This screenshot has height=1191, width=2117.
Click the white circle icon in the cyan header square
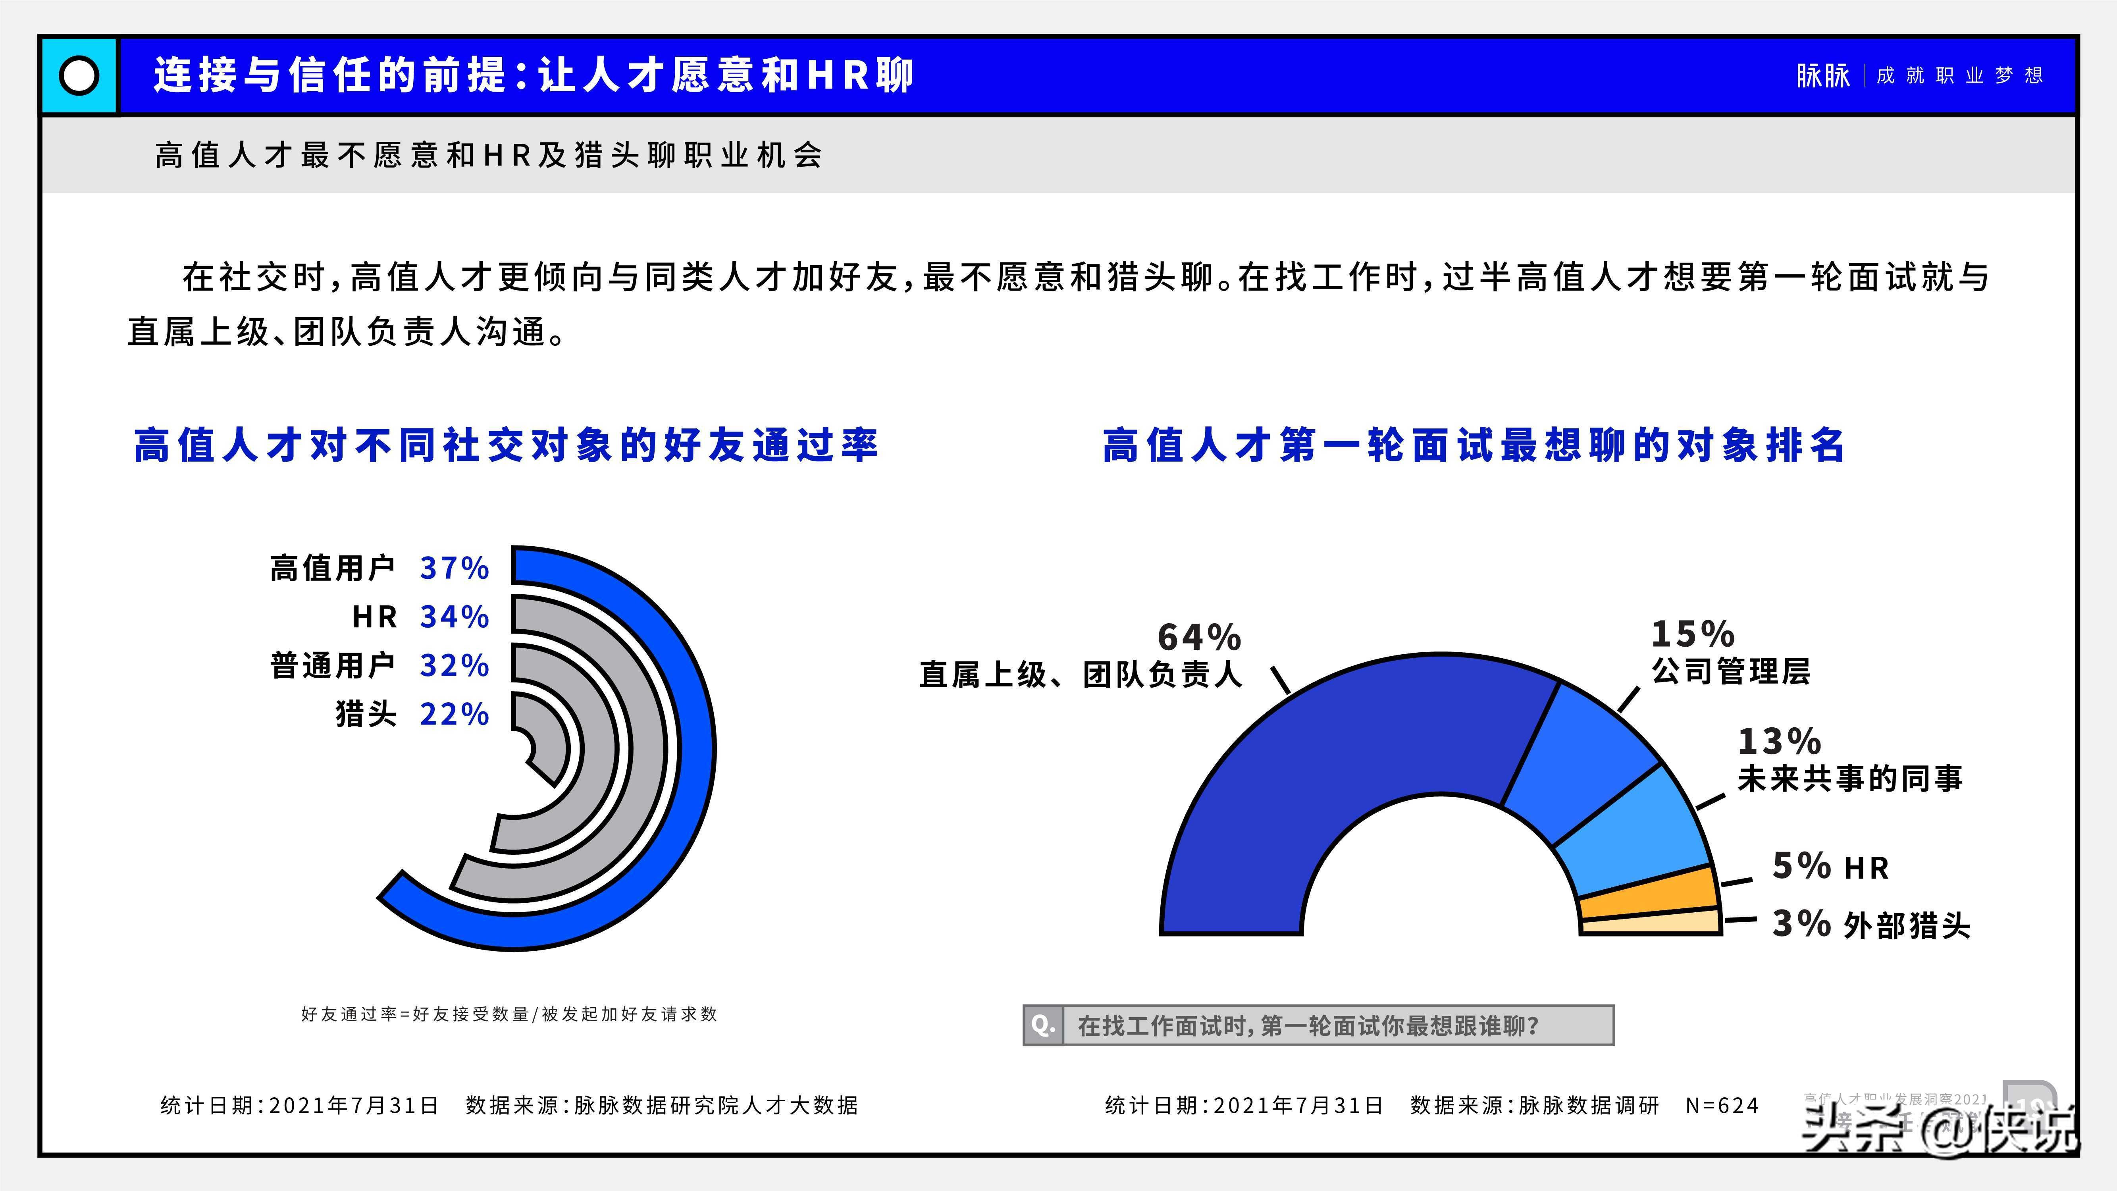click(79, 75)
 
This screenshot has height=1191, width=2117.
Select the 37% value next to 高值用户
click(455, 568)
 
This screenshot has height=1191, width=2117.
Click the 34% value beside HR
click(455, 617)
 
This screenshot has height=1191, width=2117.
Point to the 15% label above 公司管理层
click(1693, 634)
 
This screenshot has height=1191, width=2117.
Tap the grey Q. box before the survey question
click(1043, 1025)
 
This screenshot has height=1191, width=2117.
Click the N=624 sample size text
click(1722, 1106)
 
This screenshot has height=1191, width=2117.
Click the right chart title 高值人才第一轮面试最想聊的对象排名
click(1474, 445)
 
